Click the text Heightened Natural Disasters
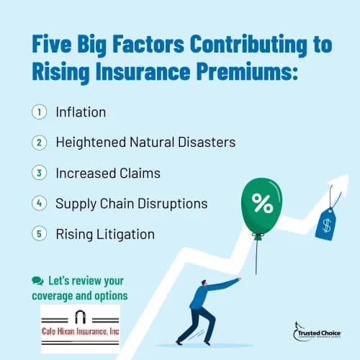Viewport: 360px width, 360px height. point(145,143)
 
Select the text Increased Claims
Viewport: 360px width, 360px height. point(108,173)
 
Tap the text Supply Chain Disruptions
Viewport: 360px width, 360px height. point(131,204)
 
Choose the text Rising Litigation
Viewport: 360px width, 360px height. point(104,234)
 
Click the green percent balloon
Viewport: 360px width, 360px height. point(262,207)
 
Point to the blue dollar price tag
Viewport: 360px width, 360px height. point(326,224)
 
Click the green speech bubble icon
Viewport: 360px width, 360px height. point(37,279)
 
